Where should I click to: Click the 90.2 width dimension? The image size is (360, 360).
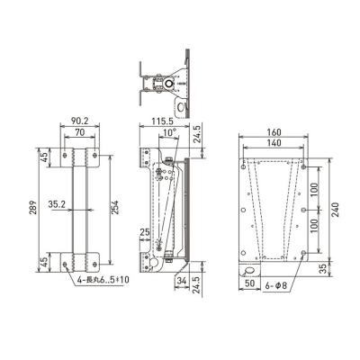point(79,121)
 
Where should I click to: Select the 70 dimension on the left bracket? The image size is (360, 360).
point(80,132)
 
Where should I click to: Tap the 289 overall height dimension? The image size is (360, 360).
point(33,207)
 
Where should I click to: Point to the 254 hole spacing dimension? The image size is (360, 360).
point(116,207)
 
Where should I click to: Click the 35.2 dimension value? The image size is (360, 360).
point(57,204)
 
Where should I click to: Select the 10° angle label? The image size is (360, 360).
point(170,132)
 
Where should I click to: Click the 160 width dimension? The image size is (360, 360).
point(274,132)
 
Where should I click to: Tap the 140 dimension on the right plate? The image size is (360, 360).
point(274,143)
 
